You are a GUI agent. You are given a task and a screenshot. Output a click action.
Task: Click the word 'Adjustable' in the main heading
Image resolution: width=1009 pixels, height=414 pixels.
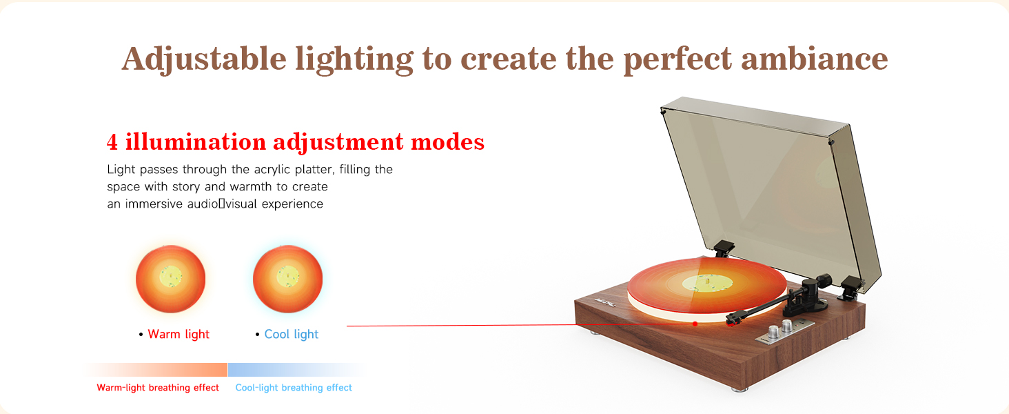pos(204,59)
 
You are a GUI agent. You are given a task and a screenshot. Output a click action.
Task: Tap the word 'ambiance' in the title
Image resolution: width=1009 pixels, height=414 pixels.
pos(815,59)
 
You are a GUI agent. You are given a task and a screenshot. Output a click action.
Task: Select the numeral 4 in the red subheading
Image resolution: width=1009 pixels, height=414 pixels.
pos(112,142)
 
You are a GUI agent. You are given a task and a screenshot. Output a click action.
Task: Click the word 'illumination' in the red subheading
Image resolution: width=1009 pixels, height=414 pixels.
pos(196,141)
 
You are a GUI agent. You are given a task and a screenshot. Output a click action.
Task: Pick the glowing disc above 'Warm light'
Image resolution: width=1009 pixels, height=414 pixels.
pos(171,279)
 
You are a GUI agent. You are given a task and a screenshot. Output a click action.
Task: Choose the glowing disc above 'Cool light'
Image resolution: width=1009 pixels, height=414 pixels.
pos(288,279)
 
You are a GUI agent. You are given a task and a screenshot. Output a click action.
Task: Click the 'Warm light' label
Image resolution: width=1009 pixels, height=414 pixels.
pos(179,334)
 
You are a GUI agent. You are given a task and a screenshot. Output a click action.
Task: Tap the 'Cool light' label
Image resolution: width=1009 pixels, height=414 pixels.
pos(291,334)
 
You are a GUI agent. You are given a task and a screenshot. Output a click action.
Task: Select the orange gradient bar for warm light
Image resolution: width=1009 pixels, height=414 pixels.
pos(154,370)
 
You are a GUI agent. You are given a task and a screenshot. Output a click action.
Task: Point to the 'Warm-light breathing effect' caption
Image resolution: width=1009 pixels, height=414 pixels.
pos(158,387)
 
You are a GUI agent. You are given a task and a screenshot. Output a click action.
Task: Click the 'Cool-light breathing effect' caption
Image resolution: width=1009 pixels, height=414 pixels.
pos(294,387)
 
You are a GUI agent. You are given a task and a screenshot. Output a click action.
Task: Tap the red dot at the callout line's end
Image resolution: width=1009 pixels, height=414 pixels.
pos(695,324)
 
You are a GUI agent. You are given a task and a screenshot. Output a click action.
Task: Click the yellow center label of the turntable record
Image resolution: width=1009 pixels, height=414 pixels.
pos(704,283)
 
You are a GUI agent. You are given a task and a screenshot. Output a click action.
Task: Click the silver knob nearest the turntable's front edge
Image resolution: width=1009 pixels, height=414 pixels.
pos(773,332)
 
